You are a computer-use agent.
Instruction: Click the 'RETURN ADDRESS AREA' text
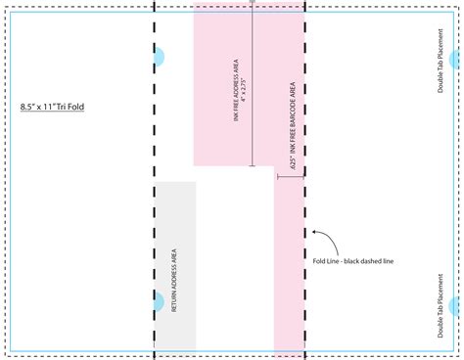click(x=175, y=281)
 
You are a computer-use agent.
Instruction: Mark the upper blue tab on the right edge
click(x=457, y=57)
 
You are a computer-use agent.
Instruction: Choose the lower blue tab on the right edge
click(x=457, y=305)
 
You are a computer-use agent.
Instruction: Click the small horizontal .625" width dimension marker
click(x=290, y=177)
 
